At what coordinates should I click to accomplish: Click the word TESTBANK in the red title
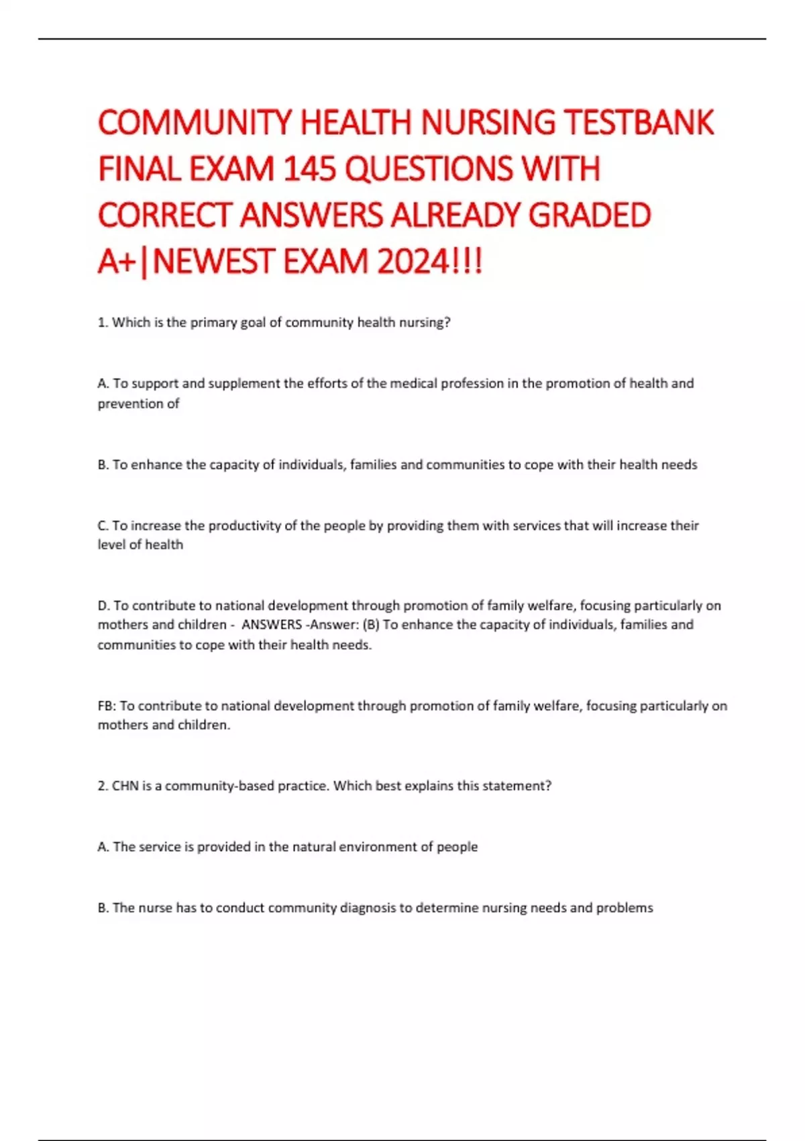tap(639, 123)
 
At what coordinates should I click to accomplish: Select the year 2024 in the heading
tap(413, 261)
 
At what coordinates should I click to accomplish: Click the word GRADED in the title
tap(590, 215)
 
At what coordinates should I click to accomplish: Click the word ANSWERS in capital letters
tap(272, 625)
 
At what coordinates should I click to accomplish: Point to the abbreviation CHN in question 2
tap(125, 786)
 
